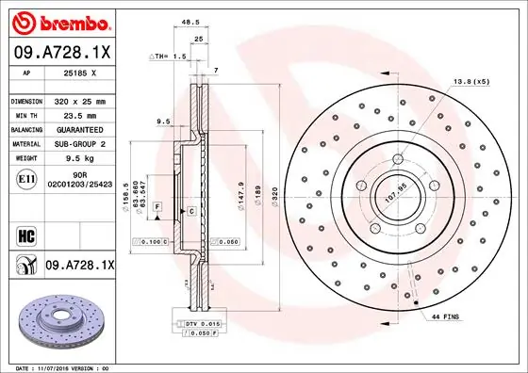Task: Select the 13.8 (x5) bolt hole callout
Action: click(x=471, y=83)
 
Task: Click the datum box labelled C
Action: click(x=190, y=211)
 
